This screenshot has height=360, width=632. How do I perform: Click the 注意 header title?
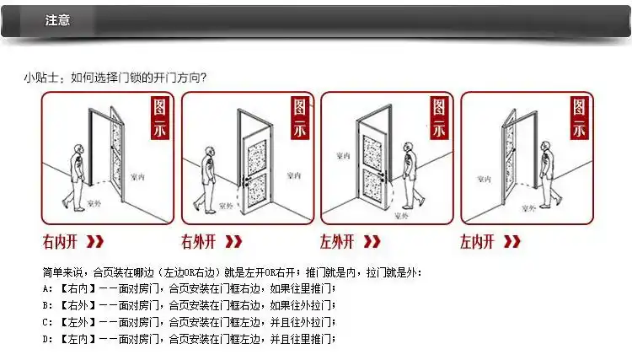(57, 20)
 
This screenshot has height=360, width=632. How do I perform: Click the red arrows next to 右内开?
(96, 242)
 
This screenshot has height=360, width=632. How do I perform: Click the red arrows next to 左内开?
(511, 242)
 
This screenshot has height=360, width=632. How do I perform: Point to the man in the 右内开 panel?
(76, 173)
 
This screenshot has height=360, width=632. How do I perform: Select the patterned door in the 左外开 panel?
(371, 164)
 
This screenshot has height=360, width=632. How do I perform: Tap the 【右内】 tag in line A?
(75, 288)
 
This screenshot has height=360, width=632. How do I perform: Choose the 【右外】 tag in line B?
(75, 305)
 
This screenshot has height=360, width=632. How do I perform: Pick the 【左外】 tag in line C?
(75, 322)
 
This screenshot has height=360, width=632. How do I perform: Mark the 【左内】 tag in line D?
(75, 339)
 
